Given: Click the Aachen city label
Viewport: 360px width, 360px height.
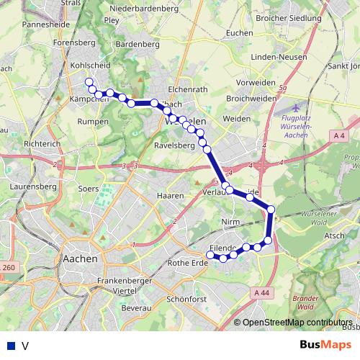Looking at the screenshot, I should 80,258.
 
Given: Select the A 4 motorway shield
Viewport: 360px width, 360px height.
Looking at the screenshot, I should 340,135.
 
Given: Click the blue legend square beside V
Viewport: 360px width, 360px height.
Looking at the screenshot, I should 10,346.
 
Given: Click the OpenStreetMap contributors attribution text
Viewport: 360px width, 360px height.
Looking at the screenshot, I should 297,323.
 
